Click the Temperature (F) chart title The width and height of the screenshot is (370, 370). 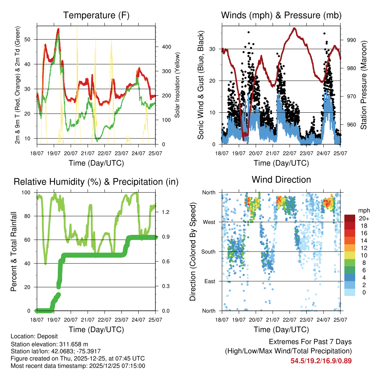coord(96,15)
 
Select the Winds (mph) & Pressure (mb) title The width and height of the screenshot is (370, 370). coord(281,15)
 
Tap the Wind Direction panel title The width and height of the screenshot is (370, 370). coord(281,179)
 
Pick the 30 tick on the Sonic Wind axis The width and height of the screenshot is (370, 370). coord(216,49)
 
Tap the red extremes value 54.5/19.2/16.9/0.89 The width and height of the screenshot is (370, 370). coord(321,361)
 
